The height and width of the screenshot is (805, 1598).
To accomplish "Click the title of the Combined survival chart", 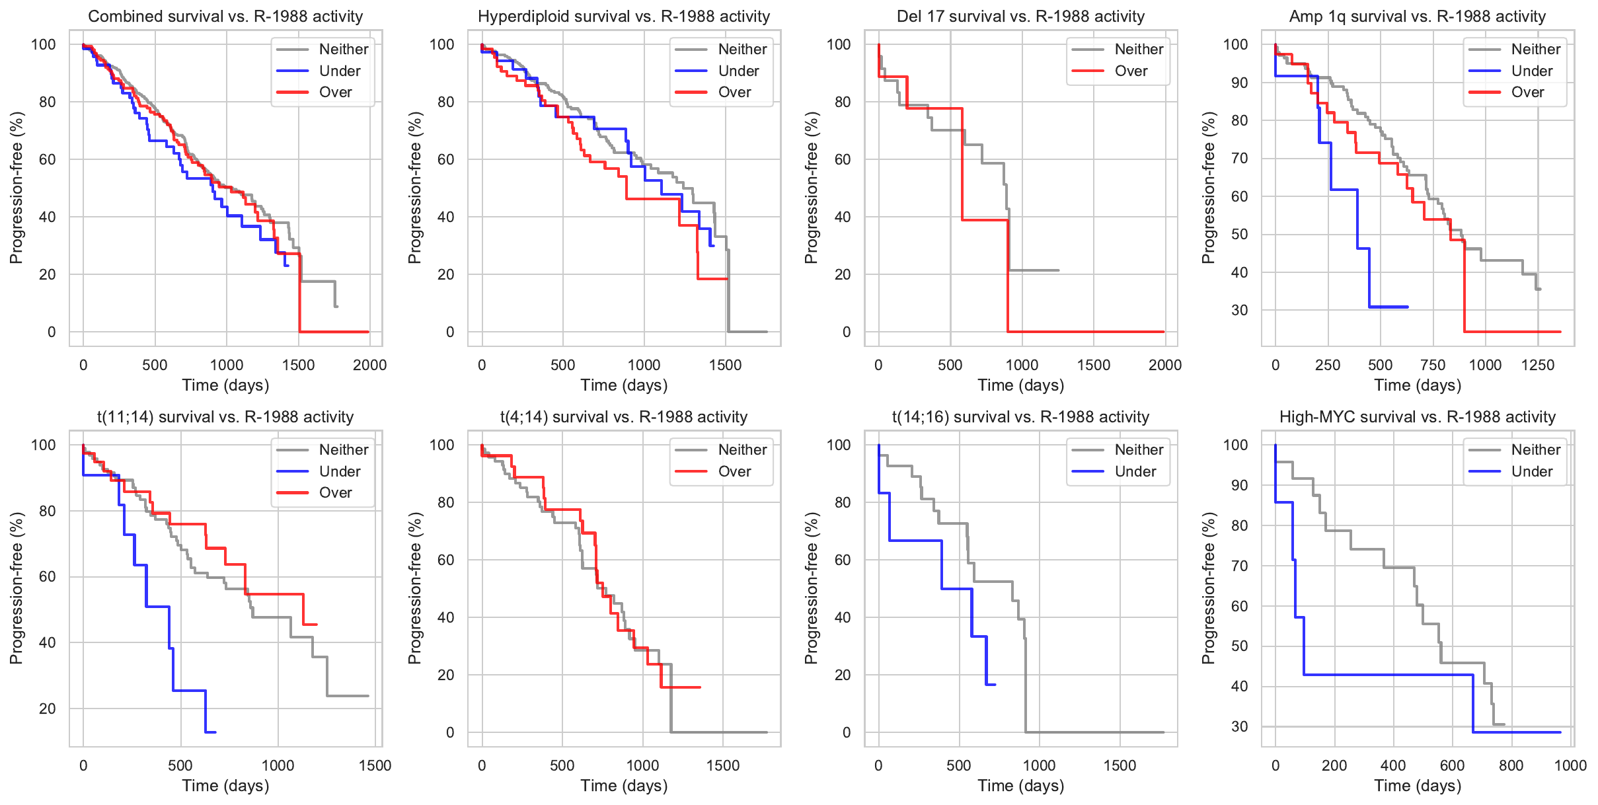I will [x=225, y=17].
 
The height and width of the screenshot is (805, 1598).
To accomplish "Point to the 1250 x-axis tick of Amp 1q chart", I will [x=1537, y=365].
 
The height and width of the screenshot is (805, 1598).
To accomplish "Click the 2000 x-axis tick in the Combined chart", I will [x=369, y=365].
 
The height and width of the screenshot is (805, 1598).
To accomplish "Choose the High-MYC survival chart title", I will [x=1418, y=417].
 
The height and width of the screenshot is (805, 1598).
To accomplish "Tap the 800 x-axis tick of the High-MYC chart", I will [x=1511, y=765].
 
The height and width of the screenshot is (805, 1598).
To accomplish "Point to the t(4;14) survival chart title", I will [x=623, y=417].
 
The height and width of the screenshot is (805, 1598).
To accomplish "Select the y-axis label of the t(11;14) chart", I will [x=17, y=588].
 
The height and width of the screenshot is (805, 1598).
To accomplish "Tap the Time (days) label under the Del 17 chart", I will [x=1020, y=385].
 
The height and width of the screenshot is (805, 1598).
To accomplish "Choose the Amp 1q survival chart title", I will [x=1418, y=17].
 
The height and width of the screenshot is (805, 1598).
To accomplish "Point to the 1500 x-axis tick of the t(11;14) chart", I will [x=375, y=765].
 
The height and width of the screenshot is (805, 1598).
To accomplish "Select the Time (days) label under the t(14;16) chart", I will [x=1020, y=786].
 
